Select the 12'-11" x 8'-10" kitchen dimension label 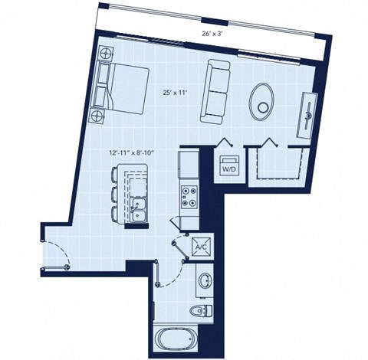tap(131, 153)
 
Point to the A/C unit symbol tap(201, 247)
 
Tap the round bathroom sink tap(205, 280)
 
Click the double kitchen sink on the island tap(139, 208)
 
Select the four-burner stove tap(189, 197)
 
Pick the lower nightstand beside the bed tap(97, 116)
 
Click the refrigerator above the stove tap(189, 164)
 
